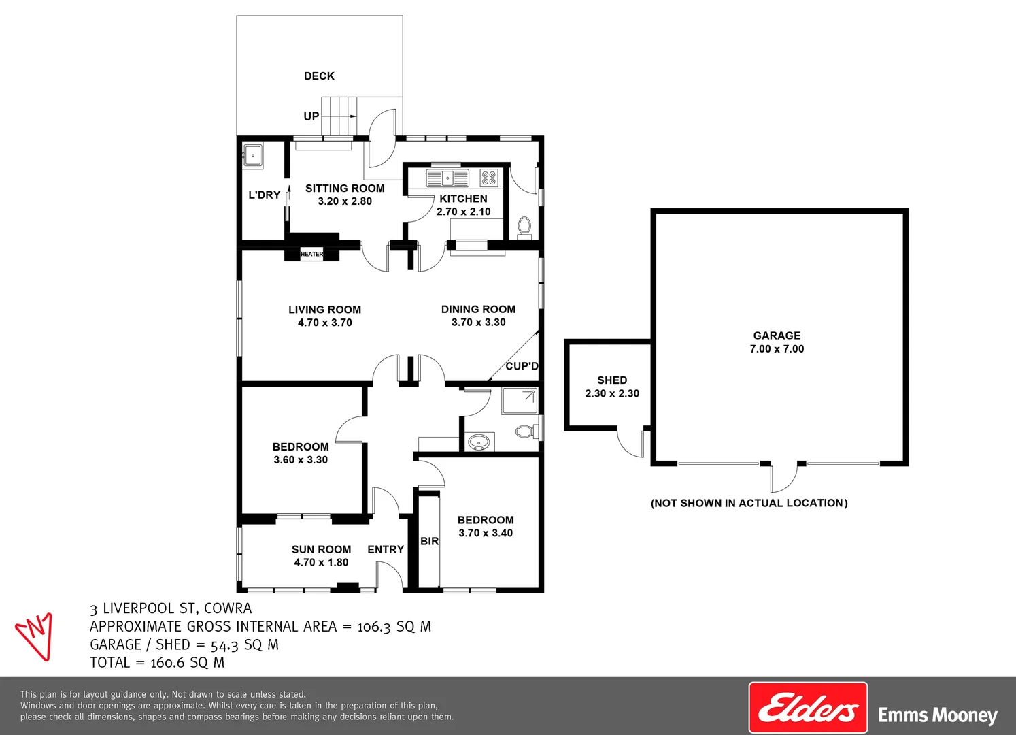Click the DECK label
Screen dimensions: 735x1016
319,76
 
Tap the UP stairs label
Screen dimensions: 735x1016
311,116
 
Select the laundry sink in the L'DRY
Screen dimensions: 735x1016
253,155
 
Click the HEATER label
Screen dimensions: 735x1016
312,255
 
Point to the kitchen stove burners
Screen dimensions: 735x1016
489,178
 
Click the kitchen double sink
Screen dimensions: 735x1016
447,178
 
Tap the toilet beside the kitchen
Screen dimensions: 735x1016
524,227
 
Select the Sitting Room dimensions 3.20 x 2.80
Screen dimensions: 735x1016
345,201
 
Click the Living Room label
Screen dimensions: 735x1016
324,310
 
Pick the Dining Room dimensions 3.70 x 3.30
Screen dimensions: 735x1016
478,323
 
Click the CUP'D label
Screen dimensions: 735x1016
522,366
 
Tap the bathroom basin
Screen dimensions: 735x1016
479,442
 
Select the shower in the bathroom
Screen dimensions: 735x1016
520,401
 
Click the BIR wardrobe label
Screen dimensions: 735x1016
429,541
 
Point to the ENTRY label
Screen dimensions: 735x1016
386,549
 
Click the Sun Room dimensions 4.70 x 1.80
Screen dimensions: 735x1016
321,563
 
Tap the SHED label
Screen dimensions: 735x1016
612,380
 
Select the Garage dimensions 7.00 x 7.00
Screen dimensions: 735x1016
777,349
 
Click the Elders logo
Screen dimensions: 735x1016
808,708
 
